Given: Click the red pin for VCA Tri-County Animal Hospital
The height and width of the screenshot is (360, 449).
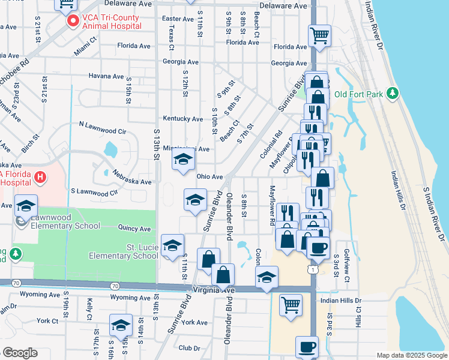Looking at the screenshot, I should [x=73, y=22].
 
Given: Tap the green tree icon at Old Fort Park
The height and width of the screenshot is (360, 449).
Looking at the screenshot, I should [x=393, y=93].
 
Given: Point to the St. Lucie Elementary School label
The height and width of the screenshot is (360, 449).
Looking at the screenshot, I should [x=124, y=251].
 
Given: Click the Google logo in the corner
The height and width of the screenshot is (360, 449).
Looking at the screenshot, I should [x=19, y=353].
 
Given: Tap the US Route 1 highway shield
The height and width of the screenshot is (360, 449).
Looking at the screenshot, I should [x=313, y=271].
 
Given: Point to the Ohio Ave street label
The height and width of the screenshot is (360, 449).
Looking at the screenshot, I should [x=209, y=177].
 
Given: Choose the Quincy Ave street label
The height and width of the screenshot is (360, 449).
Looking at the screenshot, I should [x=134, y=228].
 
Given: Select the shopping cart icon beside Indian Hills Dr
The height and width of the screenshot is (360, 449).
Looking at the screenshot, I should [x=291, y=304].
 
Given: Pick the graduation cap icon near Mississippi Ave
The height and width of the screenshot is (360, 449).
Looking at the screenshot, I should [x=183, y=159].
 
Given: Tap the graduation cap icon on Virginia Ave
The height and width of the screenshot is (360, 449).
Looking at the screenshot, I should [x=267, y=277].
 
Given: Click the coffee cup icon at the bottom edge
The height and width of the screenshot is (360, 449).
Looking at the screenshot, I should [x=307, y=346].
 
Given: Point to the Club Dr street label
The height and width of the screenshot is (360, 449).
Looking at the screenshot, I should [x=189, y=348].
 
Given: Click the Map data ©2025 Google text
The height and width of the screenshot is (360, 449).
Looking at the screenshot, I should [x=411, y=355].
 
